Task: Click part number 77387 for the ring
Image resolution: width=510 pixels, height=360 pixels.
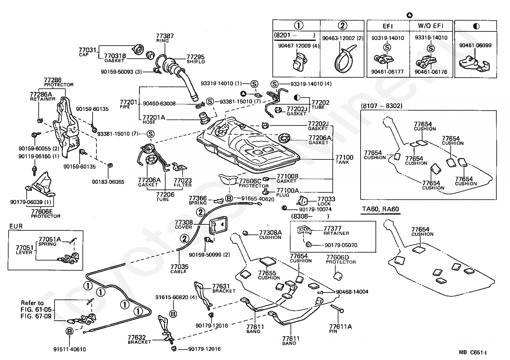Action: click(x=165, y=36)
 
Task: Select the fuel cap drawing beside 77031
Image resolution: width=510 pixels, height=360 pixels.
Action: click(x=139, y=50)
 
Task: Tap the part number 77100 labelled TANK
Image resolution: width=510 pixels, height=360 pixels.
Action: click(x=344, y=157)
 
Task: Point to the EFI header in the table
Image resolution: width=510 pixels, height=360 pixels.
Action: click(x=388, y=26)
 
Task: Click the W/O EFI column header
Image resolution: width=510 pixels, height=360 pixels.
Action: click(x=430, y=26)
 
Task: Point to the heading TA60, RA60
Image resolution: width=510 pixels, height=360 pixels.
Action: click(x=380, y=209)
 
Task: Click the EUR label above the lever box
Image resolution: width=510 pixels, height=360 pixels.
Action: click(x=16, y=227)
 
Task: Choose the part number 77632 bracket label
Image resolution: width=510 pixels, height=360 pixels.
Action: click(x=137, y=337)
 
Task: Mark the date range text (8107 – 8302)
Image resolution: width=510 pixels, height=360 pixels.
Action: click(x=381, y=106)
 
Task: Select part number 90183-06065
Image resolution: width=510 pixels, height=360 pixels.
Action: click(x=108, y=182)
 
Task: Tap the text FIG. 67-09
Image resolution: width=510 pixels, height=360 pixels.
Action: click(x=36, y=316)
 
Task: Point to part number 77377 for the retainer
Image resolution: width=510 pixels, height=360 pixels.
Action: click(x=332, y=228)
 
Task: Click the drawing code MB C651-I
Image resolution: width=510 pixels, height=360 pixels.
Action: click(x=473, y=352)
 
